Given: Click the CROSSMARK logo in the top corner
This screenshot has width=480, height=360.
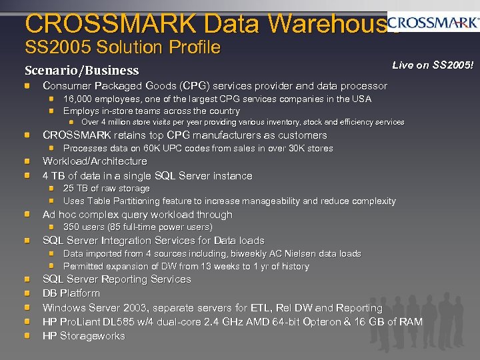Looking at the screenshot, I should click(x=433, y=23).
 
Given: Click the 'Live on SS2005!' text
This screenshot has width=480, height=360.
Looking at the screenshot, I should click(x=433, y=65).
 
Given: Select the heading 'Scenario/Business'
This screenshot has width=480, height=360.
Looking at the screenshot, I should click(x=81, y=70).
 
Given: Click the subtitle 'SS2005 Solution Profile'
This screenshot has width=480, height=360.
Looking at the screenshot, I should click(x=122, y=47).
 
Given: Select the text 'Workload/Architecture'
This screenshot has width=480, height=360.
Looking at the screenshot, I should click(x=95, y=161).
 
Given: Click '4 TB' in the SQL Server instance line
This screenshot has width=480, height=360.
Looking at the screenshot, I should click(x=53, y=176).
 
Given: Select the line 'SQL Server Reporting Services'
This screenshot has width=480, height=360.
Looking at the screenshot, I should click(x=117, y=279).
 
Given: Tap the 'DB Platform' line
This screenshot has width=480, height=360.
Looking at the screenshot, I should click(x=71, y=293).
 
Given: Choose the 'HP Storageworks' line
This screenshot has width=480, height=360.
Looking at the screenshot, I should click(x=84, y=336).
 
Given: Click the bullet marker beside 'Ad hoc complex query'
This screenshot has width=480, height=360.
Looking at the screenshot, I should click(x=27, y=215).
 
